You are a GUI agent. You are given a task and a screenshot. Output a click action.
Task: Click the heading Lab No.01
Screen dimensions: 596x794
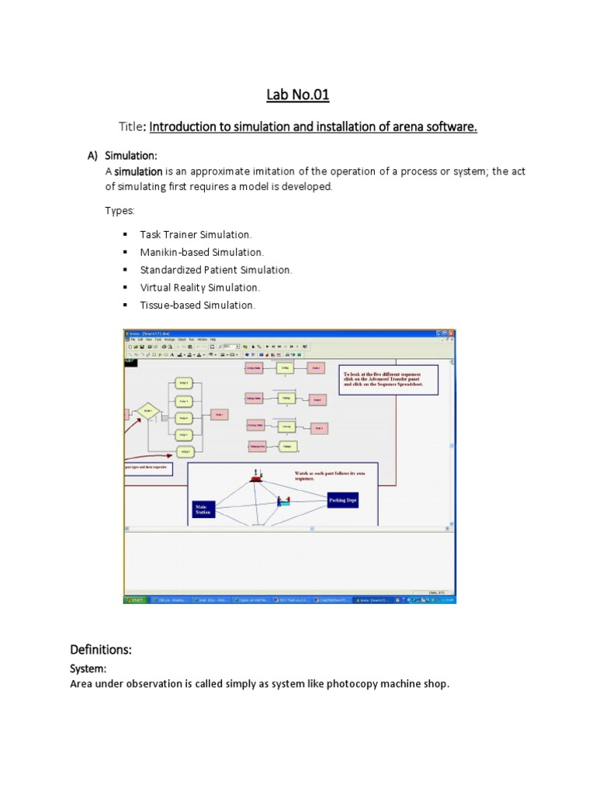point(297,95)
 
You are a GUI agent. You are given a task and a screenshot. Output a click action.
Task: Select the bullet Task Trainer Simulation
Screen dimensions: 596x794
point(196,234)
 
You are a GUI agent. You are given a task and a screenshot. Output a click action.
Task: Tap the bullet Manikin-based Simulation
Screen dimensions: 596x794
point(202,252)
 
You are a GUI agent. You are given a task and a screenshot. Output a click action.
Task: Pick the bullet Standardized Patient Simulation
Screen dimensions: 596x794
point(216,270)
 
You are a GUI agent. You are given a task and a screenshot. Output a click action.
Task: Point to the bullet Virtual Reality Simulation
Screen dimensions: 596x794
point(199,288)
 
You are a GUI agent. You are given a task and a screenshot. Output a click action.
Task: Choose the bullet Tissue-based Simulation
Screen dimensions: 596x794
point(197,306)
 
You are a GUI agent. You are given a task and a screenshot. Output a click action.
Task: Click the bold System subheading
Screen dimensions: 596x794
point(88,668)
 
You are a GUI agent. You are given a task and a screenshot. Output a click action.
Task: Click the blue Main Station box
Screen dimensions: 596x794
point(202,509)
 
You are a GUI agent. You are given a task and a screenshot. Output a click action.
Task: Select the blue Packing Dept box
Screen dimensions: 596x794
point(348,501)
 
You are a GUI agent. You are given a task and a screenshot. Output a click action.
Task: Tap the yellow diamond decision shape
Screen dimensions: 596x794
point(147,410)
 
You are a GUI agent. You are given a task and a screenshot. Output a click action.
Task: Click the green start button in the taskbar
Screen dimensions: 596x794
point(136,599)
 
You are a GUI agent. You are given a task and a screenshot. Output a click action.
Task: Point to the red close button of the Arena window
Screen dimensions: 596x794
point(453,333)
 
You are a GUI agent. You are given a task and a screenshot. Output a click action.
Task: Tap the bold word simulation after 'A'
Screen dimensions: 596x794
point(139,171)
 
